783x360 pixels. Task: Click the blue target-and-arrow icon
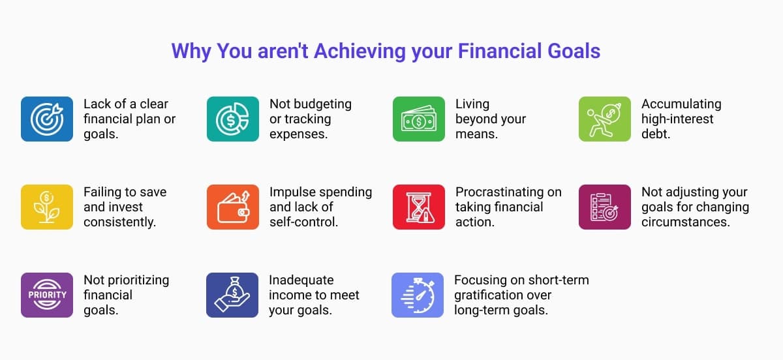47,119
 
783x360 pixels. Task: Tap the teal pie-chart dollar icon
233,119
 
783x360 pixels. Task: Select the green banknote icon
419,119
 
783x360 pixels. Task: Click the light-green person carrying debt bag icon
605,119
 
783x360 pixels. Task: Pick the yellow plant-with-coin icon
47,207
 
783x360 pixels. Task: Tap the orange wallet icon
233,207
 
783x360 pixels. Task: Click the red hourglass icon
419,207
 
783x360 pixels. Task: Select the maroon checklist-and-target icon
605,207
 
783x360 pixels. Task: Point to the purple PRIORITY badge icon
47,295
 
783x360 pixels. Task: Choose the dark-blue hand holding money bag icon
232,295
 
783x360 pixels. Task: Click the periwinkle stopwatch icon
418,295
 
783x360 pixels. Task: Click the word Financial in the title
500,51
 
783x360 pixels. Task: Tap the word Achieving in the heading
360,52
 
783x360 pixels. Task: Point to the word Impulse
291,192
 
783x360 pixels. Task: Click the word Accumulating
681,104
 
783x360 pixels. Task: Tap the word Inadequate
301,280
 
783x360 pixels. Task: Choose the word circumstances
686,222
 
